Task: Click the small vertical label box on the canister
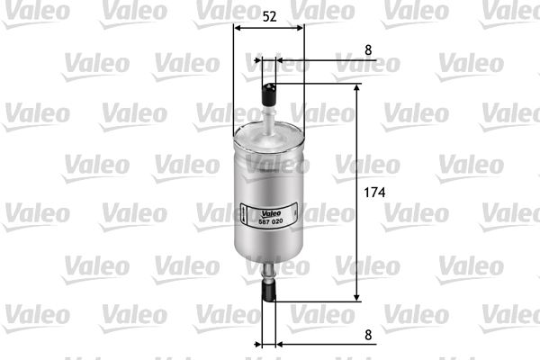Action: (243, 214)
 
